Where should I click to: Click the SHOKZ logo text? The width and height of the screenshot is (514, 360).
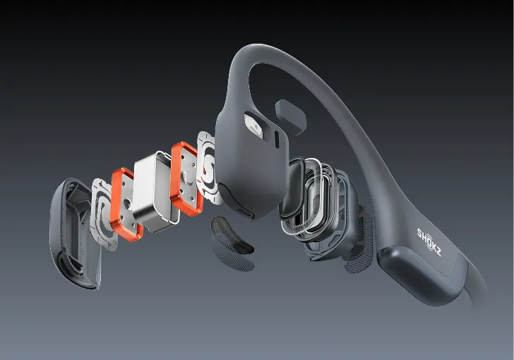429,242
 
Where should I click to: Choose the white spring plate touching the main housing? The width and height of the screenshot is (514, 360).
206,167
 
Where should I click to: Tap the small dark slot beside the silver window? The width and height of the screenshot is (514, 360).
277,140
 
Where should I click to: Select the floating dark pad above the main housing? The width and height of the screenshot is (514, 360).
290,116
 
